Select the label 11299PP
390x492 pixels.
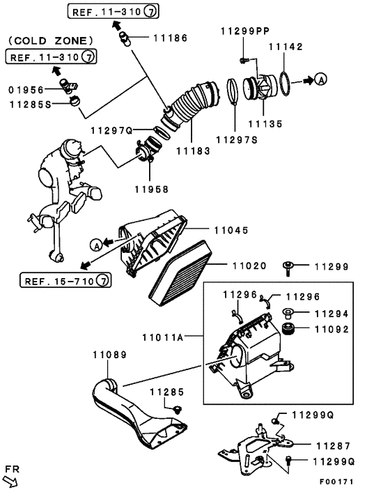pos(244,31)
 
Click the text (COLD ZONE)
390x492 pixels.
pos(51,41)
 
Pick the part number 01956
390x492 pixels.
pos(26,89)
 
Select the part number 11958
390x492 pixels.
pos(151,188)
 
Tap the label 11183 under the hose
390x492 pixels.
pos(194,150)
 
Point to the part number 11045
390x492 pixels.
pos(232,229)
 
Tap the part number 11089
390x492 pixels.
pos(109,355)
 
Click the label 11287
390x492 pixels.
pos(333,445)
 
